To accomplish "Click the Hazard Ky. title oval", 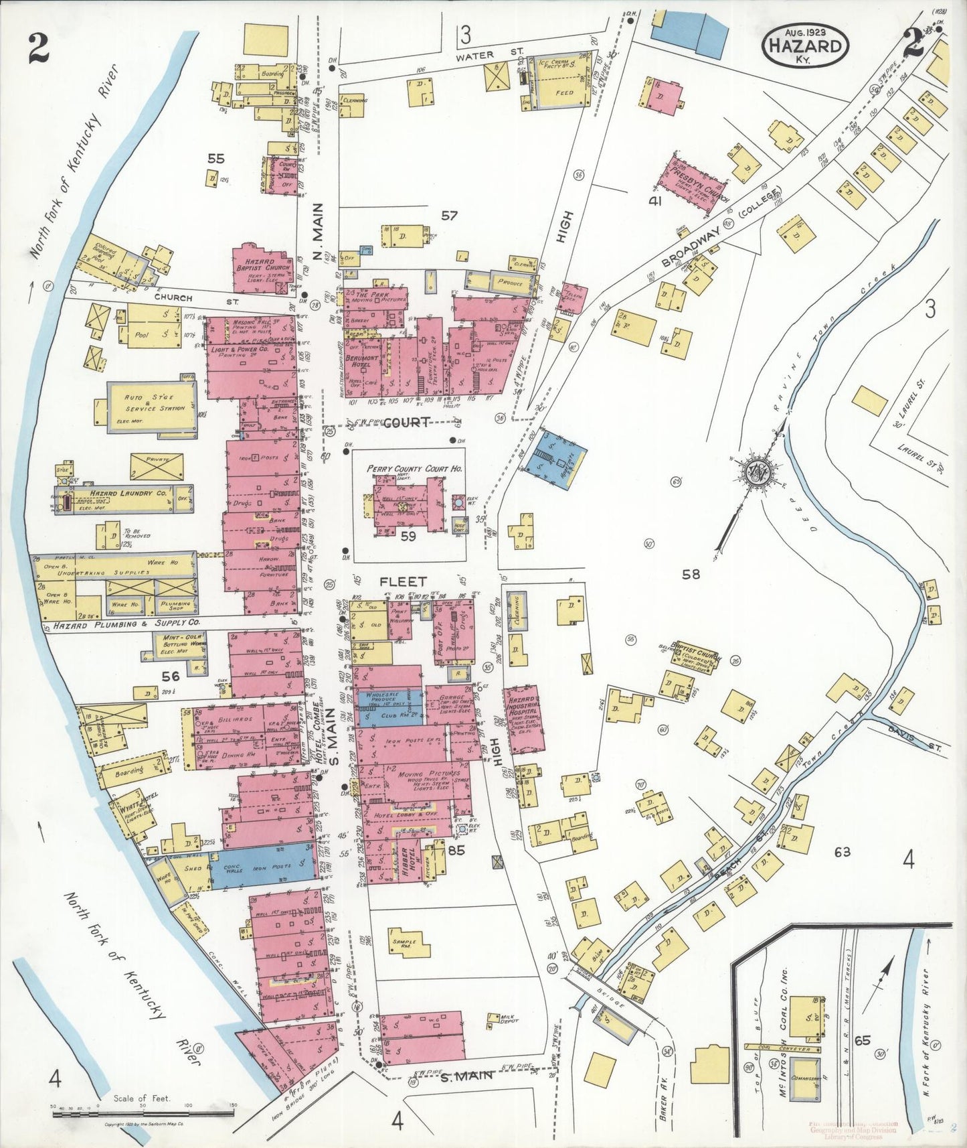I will pos(805,45).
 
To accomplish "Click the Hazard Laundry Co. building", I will pos(124,499).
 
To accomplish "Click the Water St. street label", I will pos(475,56).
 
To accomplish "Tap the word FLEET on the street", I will pos(403,581).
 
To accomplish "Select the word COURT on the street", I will pos(406,423).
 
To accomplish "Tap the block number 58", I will pos(691,573).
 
